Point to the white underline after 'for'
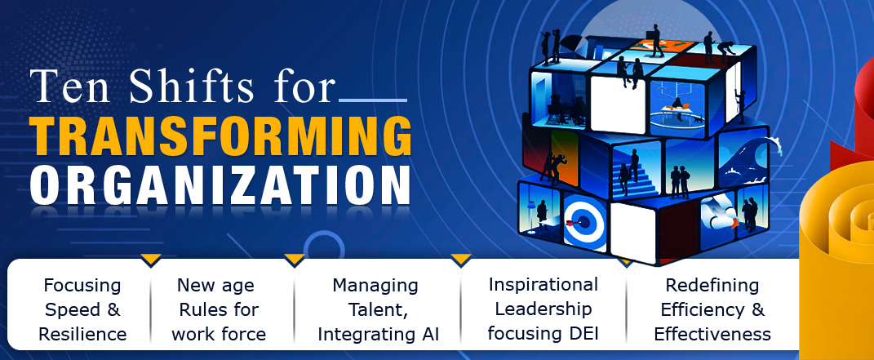[373, 100]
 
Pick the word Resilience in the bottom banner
[82, 335]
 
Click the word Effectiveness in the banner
[712, 335]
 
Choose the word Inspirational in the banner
[543, 285]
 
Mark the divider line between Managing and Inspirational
[460, 309]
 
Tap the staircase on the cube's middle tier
[634, 176]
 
